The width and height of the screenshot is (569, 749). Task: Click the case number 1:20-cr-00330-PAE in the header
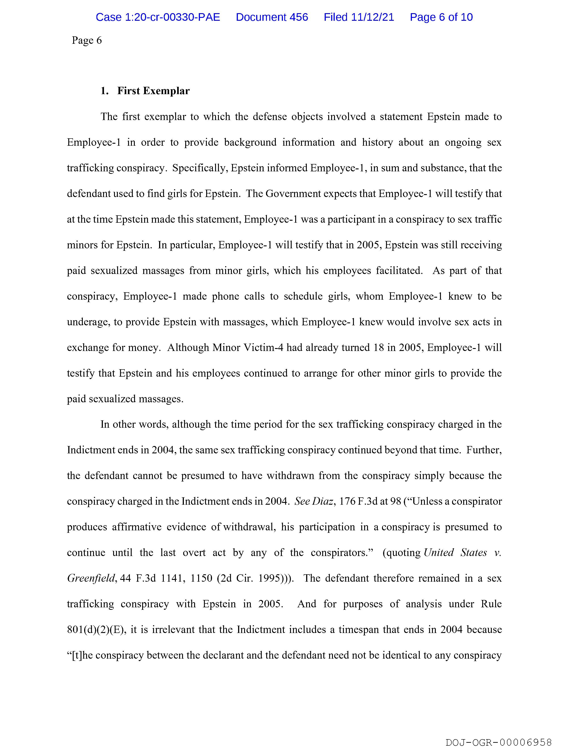pos(158,17)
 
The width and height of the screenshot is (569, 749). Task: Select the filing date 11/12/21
pos(373,17)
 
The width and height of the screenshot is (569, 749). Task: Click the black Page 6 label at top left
pos(87,41)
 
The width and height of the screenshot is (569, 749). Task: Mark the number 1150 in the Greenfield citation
pos(201,578)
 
